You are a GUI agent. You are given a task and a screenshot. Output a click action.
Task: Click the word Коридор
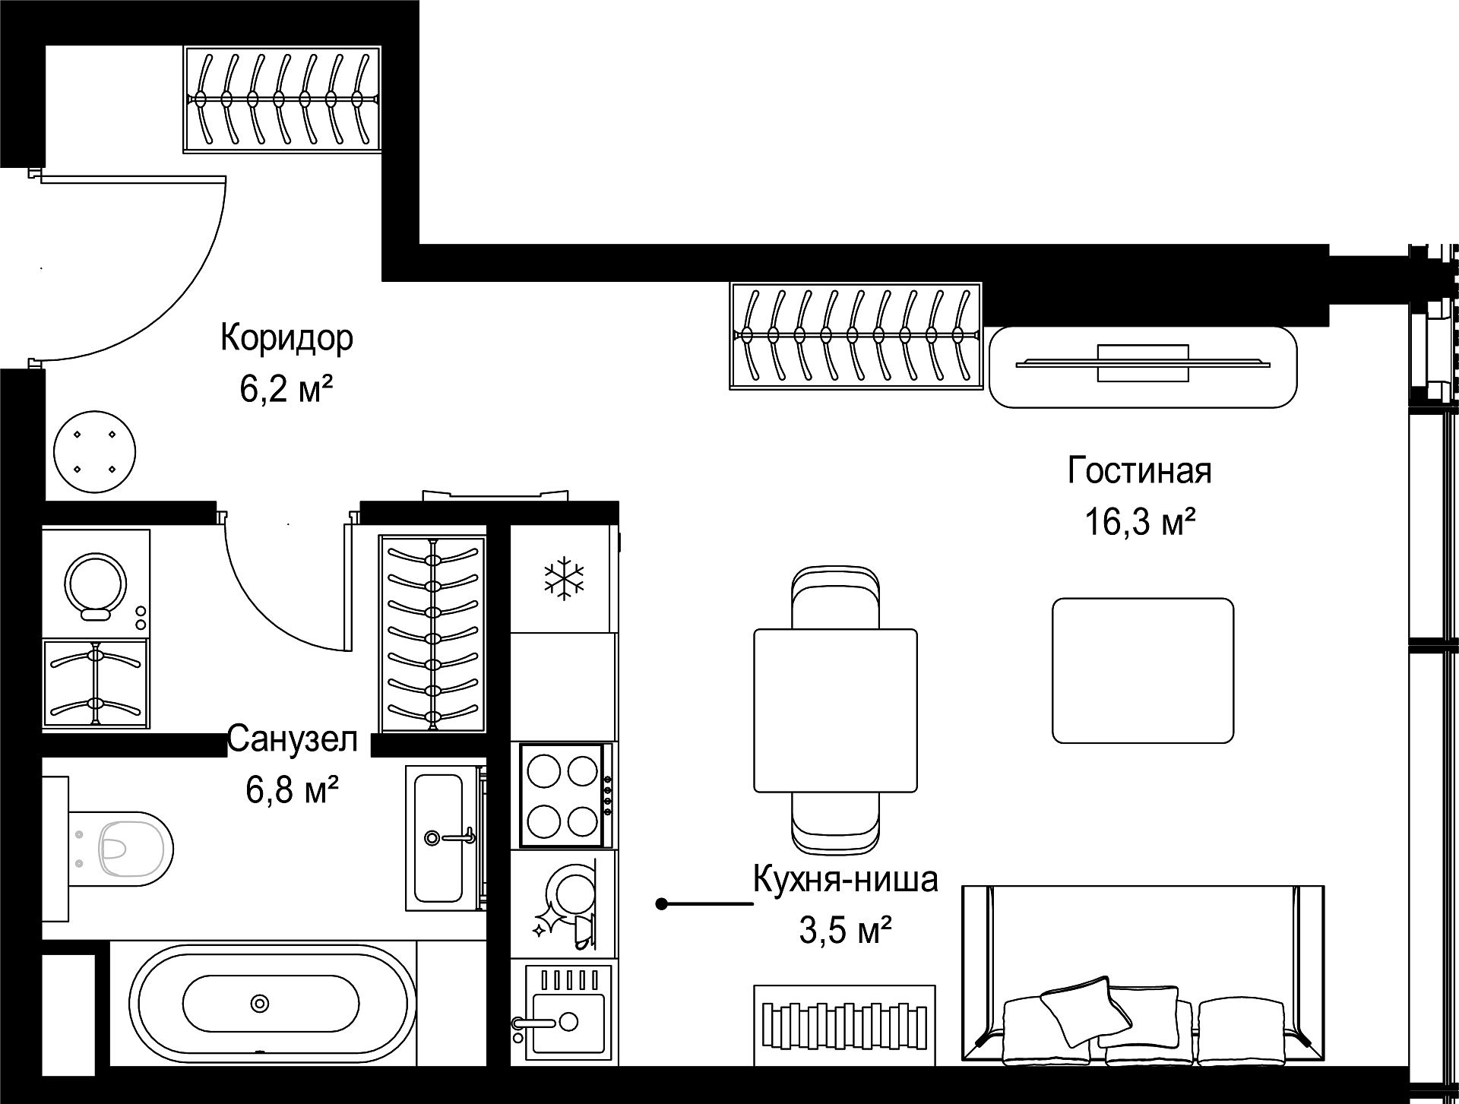click(286, 338)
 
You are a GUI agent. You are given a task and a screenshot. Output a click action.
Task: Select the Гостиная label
click(1139, 470)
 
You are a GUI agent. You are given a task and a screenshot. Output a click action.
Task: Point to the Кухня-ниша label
click(845, 880)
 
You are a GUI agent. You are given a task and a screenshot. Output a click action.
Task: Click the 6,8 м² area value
click(292, 791)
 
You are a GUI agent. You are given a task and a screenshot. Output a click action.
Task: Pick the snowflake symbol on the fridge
click(564, 577)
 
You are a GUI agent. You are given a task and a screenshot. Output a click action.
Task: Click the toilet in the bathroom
click(122, 849)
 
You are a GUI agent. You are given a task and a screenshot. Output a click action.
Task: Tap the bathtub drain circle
click(260, 1004)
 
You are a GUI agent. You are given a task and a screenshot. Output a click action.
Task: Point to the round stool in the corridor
click(95, 453)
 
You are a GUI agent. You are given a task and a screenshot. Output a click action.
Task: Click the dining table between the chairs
click(835, 710)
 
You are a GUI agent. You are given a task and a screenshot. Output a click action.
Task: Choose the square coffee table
click(1143, 670)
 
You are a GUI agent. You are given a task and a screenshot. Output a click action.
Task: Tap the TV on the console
click(1143, 363)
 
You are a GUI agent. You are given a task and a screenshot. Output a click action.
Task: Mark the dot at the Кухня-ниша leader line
click(662, 904)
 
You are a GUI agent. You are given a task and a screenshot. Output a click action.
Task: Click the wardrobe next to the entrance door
click(282, 99)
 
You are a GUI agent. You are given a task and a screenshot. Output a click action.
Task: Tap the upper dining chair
click(835, 598)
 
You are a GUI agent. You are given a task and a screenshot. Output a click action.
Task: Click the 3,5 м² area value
click(845, 931)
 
